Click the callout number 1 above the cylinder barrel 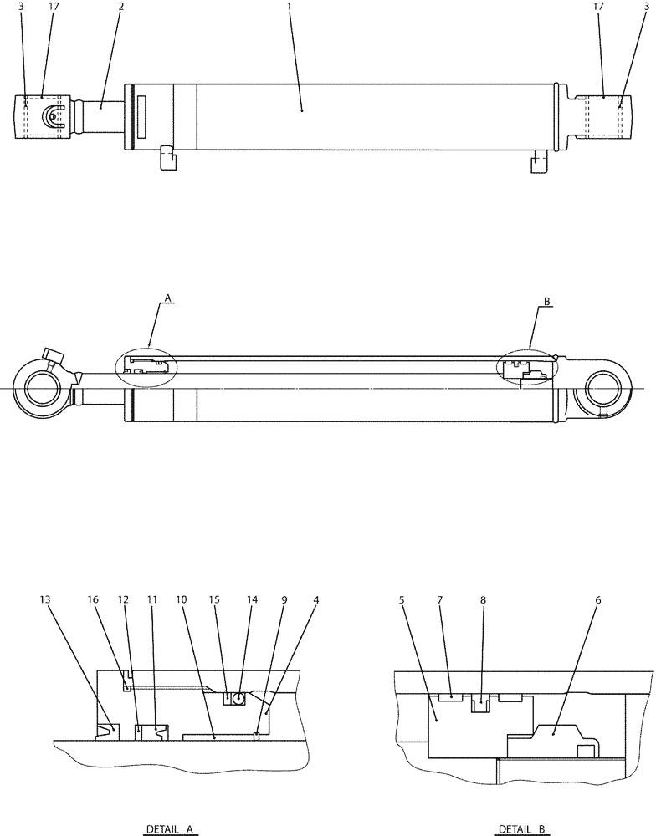click(x=290, y=7)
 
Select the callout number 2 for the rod click(x=121, y=7)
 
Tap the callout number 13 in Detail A click(x=44, y=599)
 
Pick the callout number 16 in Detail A click(x=93, y=599)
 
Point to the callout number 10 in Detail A click(x=181, y=599)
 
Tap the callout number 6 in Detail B click(x=597, y=599)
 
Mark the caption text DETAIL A click(x=170, y=829)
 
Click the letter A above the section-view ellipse click(x=168, y=298)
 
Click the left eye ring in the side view click(x=42, y=390)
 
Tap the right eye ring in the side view click(x=604, y=390)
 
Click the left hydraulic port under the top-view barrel click(x=167, y=158)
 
